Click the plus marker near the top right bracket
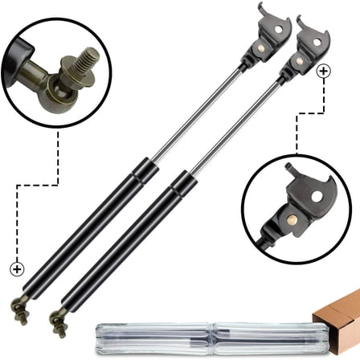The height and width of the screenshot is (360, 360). coord(324,72)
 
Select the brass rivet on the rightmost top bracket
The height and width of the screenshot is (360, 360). coord(299,60)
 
